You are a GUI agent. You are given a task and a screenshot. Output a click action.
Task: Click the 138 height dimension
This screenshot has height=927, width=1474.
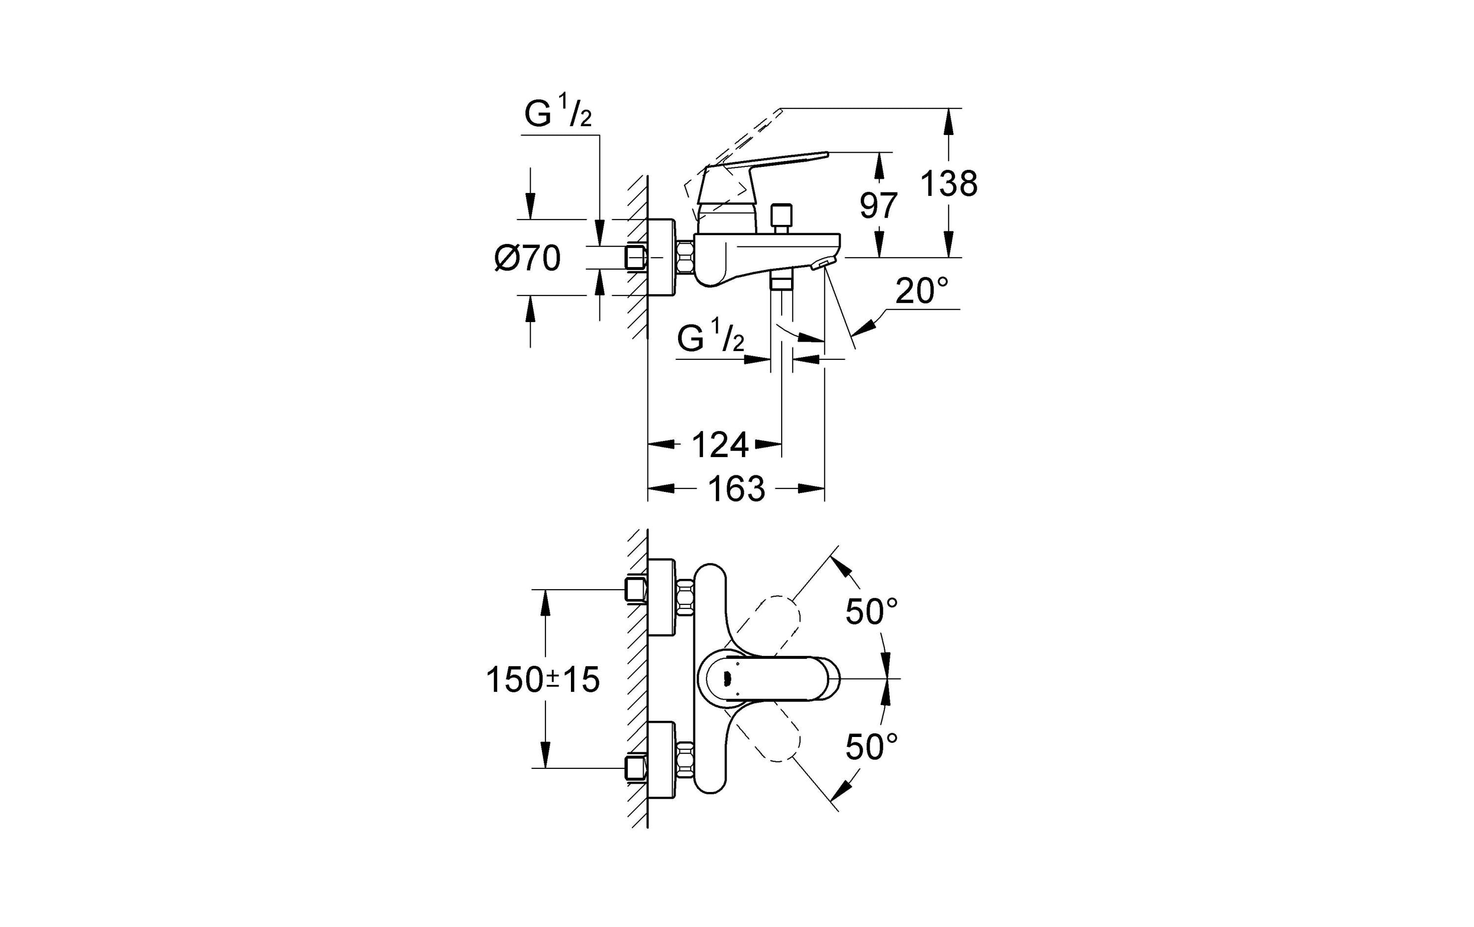[948, 184]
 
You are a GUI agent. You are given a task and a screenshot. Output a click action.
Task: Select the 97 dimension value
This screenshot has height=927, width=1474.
[879, 206]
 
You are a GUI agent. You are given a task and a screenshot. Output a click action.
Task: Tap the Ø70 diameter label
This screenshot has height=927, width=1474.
[527, 258]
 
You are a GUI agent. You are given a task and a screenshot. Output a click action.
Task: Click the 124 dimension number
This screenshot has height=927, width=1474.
[720, 445]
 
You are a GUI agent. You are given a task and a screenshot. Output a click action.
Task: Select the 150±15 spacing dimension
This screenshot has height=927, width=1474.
[542, 680]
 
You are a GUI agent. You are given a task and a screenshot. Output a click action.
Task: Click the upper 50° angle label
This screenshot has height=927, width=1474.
[872, 611]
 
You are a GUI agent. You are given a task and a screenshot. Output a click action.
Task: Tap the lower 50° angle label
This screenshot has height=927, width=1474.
[872, 746]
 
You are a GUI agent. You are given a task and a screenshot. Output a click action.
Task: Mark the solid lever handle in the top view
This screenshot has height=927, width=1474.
[771, 679]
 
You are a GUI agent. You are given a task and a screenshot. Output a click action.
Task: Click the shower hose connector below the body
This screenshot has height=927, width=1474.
[781, 284]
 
